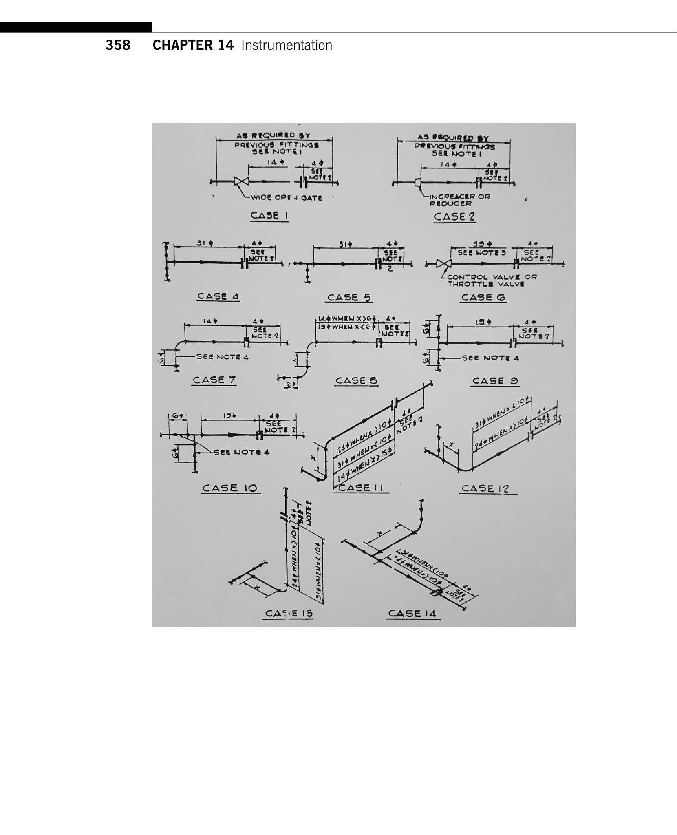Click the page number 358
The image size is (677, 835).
pos(118,45)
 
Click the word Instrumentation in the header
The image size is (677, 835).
pos(287,45)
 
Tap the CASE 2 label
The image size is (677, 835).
pos(454,216)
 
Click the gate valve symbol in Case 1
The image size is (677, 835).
pos(241,182)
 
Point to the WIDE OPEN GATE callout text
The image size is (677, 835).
pos(286,198)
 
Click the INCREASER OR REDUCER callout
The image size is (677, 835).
pos(459,199)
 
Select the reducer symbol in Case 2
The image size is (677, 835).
pos(418,183)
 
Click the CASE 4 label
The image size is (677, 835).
pos(218,296)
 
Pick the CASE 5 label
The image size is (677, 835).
pos(349,298)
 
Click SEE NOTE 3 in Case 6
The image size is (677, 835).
pos(481,253)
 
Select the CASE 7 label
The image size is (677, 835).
pos(214,380)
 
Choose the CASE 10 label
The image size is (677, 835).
pos(230,488)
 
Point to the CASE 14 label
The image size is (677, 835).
pos(412,613)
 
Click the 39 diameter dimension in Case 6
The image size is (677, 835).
pos(481,244)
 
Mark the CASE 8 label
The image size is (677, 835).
pos(356,380)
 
